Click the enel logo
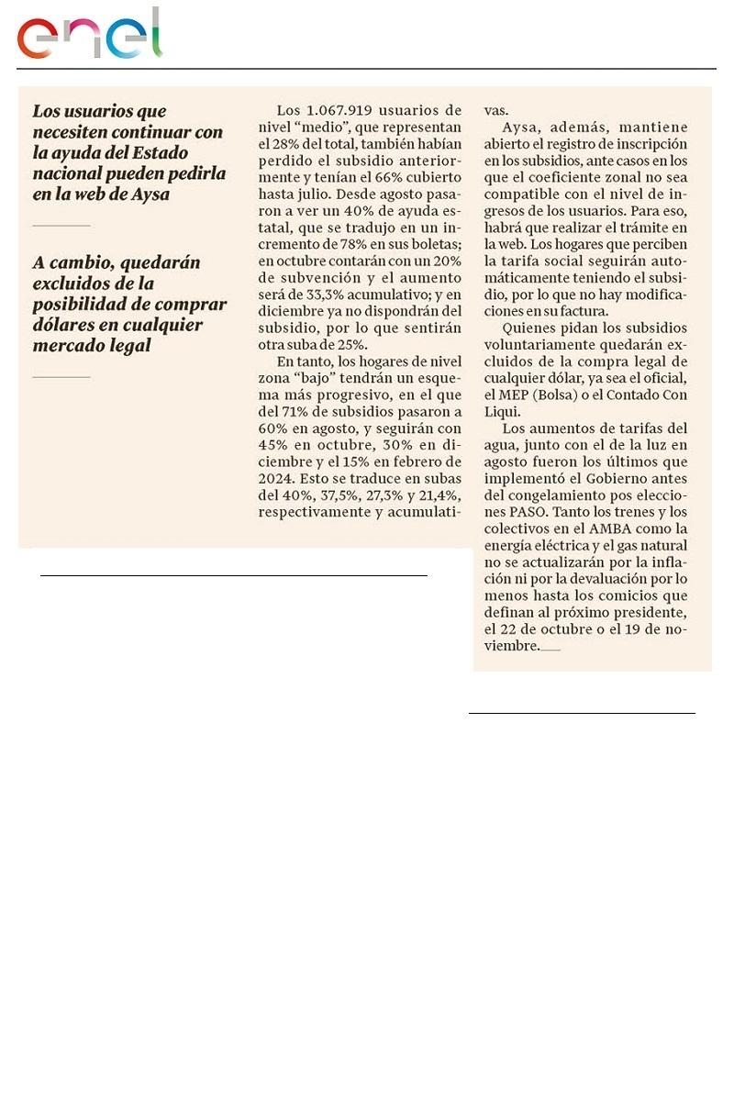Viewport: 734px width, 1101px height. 89,35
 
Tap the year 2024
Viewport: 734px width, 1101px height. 277,478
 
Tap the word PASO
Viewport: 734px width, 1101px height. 505,512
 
